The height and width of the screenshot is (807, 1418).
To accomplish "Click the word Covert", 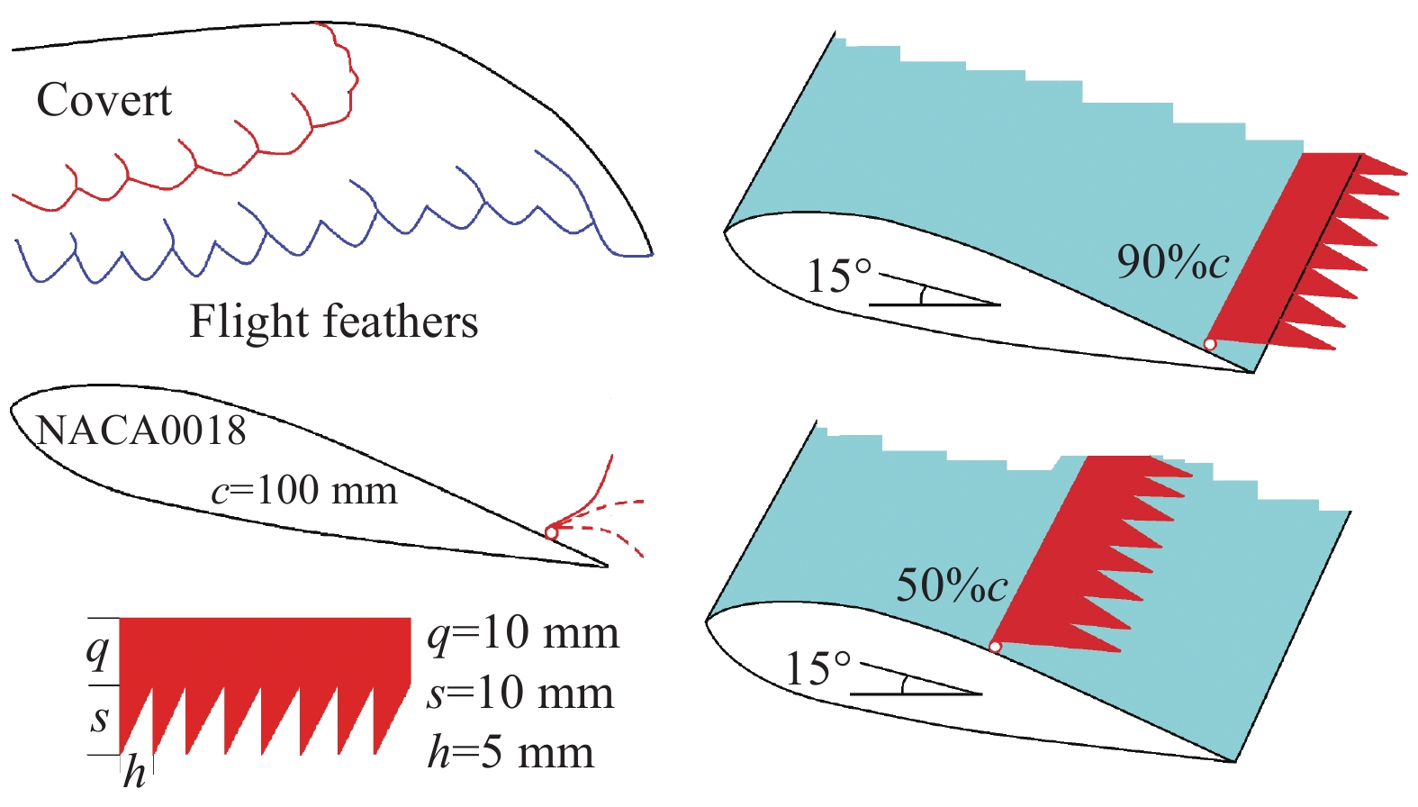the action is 104,100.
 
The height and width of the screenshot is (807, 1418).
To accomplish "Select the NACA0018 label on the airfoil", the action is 140,431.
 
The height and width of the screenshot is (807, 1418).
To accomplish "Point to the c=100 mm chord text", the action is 304,491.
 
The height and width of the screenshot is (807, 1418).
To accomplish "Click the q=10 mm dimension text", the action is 522,634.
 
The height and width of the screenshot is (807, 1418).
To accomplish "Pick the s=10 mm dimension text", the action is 520,694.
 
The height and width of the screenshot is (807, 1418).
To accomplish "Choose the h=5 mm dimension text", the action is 510,752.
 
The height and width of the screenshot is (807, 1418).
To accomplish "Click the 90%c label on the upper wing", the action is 1172,262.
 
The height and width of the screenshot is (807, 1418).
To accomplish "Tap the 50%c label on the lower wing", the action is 952,585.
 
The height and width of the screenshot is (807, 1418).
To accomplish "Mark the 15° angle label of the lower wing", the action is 817,668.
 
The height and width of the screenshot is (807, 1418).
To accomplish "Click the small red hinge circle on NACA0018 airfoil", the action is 551,533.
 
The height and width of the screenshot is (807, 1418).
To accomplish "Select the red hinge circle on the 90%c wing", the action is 1210,344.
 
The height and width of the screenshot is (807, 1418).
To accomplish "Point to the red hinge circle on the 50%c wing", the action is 995,647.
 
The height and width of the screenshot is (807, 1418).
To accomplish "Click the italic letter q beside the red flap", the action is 98,649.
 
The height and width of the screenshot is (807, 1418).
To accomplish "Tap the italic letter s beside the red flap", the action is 100,719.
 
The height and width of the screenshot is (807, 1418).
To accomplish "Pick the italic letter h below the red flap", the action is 134,772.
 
